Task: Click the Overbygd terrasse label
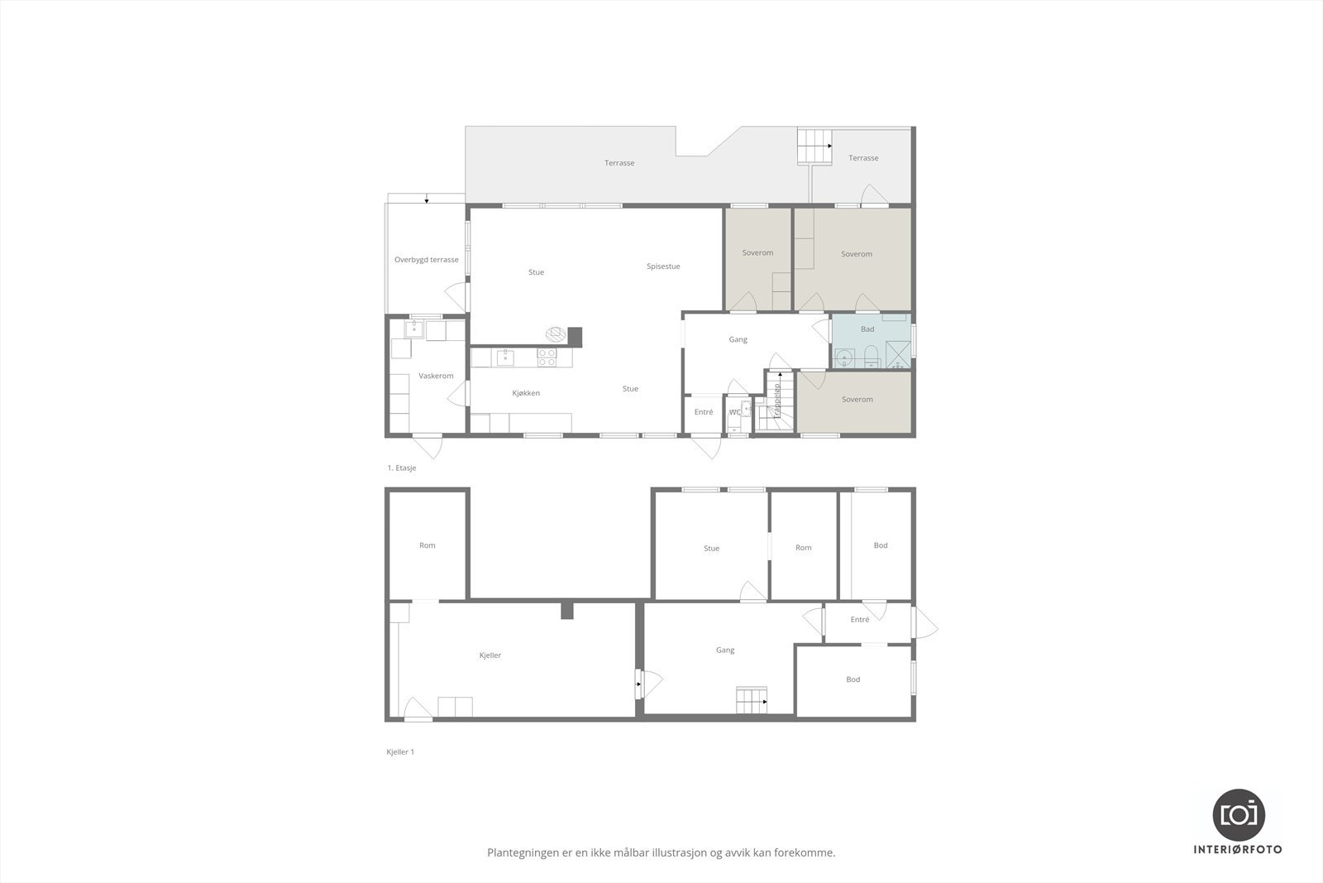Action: (x=426, y=260)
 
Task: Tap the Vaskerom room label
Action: (x=436, y=376)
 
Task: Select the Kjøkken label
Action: (x=526, y=393)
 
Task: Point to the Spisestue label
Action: (x=663, y=266)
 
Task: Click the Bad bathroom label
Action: (x=867, y=329)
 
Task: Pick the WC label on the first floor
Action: (x=734, y=412)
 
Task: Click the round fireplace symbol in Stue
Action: (x=556, y=334)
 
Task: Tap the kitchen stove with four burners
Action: (x=547, y=358)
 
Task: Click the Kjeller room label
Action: (x=490, y=655)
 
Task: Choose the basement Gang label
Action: (x=725, y=650)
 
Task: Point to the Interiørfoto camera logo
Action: (x=1239, y=814)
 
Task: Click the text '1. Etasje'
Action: (x=402, y=468)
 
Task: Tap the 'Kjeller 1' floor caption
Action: (x=400, y=752)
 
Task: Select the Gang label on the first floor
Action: (x=738, y=339)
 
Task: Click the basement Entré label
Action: (x=859, y=620)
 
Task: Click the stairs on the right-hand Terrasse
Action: (x=814, y=146)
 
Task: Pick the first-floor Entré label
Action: (x=704, y=412)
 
